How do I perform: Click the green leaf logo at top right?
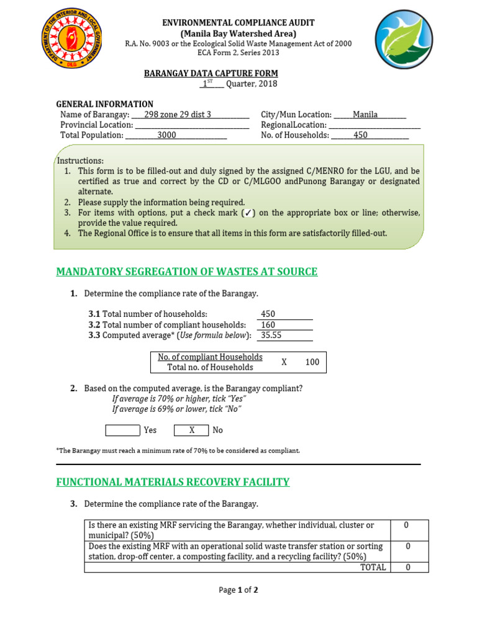[x=404, y=43]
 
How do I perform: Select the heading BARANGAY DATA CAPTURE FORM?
[x=211, y=73]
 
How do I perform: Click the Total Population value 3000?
[x=166, y=135]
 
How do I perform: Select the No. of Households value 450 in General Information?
[x=360, y=135]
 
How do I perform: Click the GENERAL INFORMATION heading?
[x=105, y=104]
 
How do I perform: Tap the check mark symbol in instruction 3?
[x=247, y=213]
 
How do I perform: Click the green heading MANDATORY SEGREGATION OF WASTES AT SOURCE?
[x=186, y=272]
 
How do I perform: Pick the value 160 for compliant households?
[x=268, y=325]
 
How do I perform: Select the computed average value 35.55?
[x=271, y=335]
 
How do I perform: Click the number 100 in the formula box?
[x=312, y=362]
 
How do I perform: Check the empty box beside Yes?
[x=122, y=430]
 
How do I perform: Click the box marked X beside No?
[x=191, y=430]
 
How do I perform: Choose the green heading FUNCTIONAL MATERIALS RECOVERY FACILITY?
[x=173, y=482]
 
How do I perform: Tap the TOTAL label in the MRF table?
[x=373, y=567]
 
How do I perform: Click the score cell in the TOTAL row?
[x=407, y=567]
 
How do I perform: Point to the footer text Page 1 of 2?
[x=238, y=590]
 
